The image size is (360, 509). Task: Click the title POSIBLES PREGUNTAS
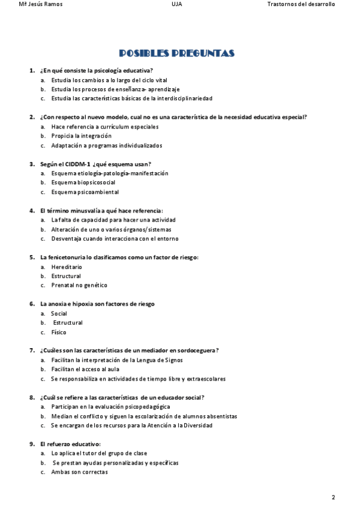point(176,53)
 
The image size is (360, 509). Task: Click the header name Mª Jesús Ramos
point(41,4)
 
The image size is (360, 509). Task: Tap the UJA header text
point(176,4)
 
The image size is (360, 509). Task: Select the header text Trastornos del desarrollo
point(301,4)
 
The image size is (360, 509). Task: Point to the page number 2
point(333,498)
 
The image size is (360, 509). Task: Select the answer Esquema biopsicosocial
point(83,182)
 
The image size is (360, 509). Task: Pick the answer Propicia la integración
point(81,136)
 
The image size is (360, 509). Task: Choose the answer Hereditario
point(67,267)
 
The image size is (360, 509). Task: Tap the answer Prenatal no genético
point(79,285)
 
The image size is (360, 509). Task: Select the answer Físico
point(59,332)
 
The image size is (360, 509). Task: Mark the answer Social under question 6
point(59,313)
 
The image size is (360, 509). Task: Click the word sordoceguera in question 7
point(198,351)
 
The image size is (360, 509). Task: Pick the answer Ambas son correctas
point(79,472)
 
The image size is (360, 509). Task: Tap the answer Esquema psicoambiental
point(85,192)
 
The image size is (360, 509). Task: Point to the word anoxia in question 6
point(59,304)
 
